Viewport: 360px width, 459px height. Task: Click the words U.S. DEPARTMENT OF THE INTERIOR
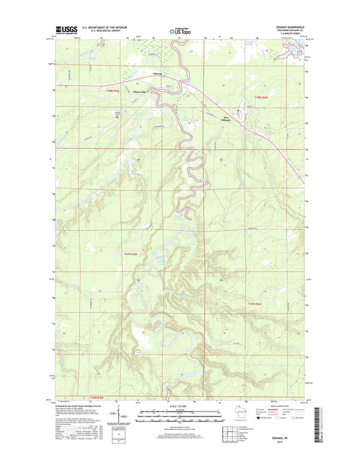click(107, 27)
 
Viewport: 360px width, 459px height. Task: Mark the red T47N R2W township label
click(260, 303)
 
